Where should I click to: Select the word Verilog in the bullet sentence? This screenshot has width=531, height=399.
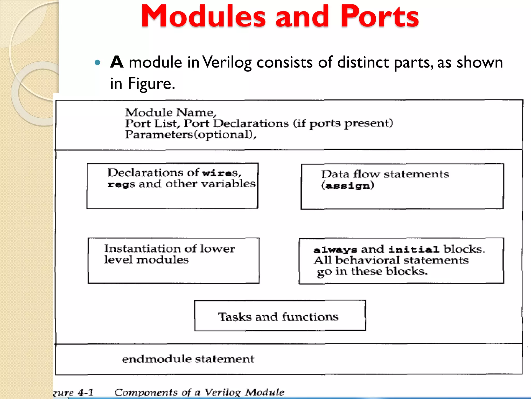(227, 63)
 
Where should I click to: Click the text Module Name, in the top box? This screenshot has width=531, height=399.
(171, 112)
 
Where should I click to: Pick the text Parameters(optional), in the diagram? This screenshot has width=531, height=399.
(191, 135)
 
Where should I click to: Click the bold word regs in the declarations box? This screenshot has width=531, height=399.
(121, 184)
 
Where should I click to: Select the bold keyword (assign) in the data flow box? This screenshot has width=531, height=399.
(347, 185)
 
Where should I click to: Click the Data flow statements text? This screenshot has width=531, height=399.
(385, 174)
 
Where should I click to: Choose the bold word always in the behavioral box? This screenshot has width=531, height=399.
(335, 250)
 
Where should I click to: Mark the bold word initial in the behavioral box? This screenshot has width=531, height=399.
(414, 250)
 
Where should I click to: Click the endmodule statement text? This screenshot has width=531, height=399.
(188, 359)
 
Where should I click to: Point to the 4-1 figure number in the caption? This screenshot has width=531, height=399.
(86, 393)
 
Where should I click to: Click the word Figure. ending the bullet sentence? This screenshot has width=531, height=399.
(151, 84)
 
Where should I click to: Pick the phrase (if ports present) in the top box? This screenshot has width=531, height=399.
(343, 123)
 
